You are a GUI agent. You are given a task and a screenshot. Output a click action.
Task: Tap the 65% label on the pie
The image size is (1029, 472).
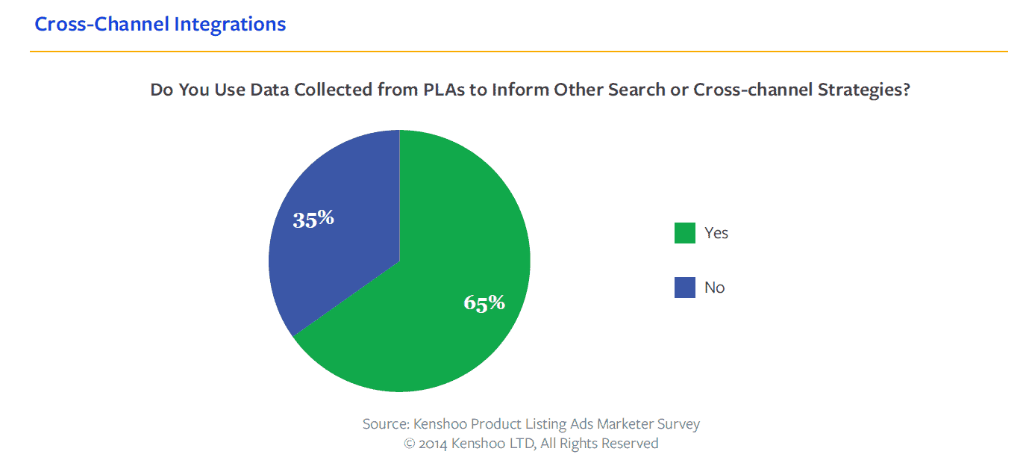(x=484, y=302)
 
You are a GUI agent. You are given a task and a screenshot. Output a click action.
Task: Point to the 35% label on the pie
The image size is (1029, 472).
(x=313, y=219)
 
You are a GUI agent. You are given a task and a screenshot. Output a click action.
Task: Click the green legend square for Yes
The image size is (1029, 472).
(x=684, y=233)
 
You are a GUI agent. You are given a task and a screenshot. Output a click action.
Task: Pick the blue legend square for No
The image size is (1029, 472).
(x=684, y=288)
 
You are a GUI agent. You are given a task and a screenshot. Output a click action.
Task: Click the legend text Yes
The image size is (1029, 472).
(x=716, y=233)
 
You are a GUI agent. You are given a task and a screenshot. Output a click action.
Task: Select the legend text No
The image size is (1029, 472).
(x=714, y=288)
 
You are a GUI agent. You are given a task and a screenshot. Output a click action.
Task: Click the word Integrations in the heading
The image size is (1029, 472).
(x=230, y=24)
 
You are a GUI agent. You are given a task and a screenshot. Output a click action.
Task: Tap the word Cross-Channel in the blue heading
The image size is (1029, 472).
(x=102, y=24)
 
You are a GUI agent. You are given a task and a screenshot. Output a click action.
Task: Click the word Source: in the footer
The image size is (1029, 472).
(x=385, y=424)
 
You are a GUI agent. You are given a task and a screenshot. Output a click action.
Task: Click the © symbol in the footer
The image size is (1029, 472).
(x=409, y=444)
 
